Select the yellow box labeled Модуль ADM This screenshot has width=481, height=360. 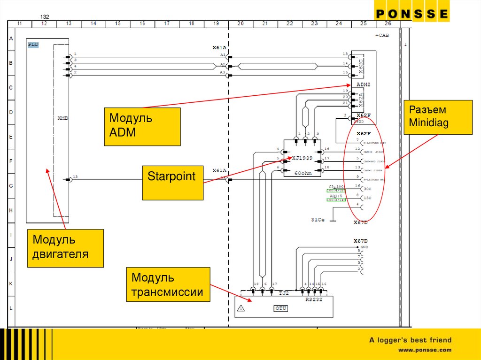point(142,126)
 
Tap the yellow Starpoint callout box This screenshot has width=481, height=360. point(173,183)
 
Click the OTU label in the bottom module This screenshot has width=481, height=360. point(281,308)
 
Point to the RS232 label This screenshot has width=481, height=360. point(314,299)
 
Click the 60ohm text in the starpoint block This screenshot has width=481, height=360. point(303,173)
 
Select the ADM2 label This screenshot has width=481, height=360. point(364,84)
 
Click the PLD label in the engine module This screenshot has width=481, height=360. point(33,45)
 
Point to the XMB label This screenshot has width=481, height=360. point(63,118)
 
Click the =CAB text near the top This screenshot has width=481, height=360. point(382,36)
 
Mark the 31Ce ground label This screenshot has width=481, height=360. point(318,219)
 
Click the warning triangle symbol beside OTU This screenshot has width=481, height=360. point(241,308)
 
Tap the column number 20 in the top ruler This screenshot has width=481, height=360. point(240,23)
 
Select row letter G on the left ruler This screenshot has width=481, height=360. point(11,186)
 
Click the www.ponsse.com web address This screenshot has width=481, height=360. point(425,350)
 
